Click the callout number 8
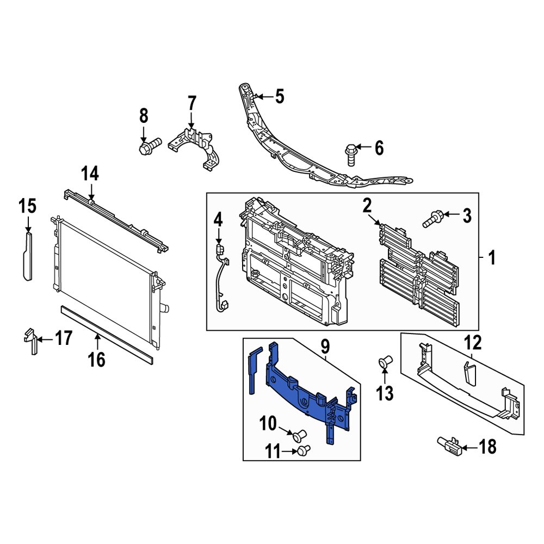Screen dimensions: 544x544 point(144,115)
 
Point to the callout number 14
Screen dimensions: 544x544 point(90,174)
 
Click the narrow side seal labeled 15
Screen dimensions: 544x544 point(27,256)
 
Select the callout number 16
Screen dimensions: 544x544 point(97,359)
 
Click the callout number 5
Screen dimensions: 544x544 point(279,97)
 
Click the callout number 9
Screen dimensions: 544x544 point(325,345)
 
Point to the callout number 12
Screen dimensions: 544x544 point(473,343)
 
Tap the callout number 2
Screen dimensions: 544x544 point(367,205)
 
